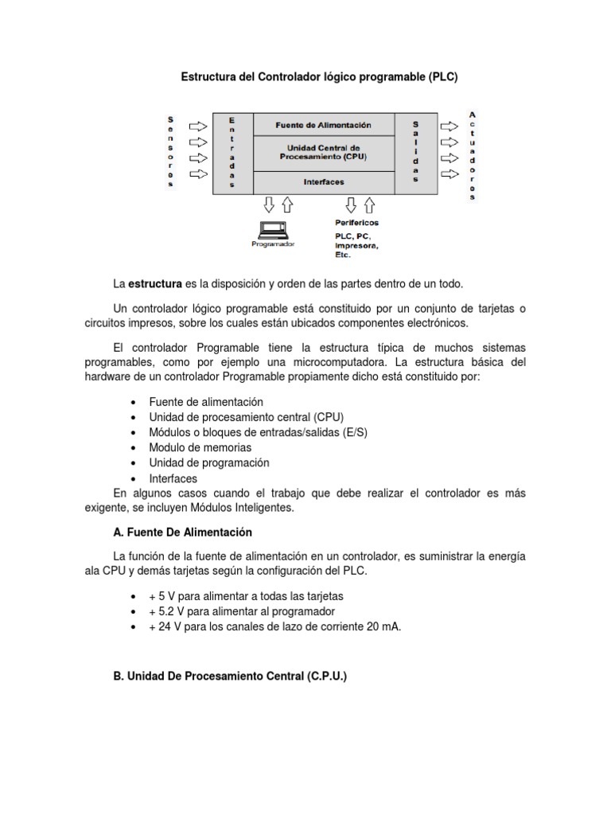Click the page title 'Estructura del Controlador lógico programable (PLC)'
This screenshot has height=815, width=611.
[320, 78]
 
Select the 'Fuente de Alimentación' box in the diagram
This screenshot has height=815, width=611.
[323, 125]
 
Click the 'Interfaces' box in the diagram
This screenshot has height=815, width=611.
[324, 182]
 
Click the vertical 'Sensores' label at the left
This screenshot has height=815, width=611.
[169, 151]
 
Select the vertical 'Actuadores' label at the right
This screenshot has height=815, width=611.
[473, 155]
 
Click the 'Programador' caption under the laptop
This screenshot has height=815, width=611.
[273, 244]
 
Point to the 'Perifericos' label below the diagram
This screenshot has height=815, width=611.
[356, 223]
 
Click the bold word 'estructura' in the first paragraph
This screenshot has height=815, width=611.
[155, 284]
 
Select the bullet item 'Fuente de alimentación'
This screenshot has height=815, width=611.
[206, 402]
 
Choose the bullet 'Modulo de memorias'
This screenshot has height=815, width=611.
[200, 447]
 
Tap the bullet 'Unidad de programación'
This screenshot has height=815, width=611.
[209, 462]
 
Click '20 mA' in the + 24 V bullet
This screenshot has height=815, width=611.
[385, 626]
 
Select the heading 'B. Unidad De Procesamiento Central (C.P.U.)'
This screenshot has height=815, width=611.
[232, 676]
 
